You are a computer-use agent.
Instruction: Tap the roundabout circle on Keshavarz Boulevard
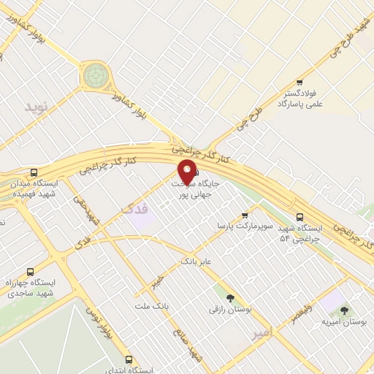[x=94, y=75]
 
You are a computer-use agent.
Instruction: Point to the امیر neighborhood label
[x=260, y=332]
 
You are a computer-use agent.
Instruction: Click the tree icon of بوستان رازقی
[x=231, y=298]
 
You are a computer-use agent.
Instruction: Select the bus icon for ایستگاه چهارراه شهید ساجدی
[x=30, y=271]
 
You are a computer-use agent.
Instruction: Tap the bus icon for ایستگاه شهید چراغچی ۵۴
[x=300, y=216]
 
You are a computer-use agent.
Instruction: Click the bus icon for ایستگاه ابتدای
[x=129, y=359]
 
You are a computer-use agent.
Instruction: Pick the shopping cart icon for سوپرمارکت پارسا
[x=244, y=215]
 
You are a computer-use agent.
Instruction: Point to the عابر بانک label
[x=195, y=259]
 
